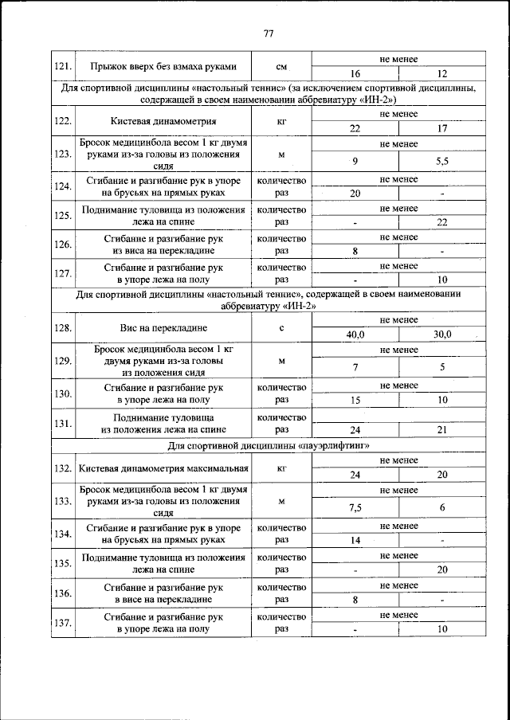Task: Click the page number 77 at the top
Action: [x=268, y=33]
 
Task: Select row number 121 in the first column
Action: [x=64, y=65]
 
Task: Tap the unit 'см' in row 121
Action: [x=281, y=65]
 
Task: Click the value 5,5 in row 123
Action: [x=442, y=161]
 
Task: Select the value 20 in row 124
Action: [x=355, y=193]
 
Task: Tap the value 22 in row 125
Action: [x=442, y=222]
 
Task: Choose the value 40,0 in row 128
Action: [x=355, y=335]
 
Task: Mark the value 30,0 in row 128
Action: [x=442, y=335]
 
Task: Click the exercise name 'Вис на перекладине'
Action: [x=163, y=328]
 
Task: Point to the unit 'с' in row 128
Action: [x=281, y=328]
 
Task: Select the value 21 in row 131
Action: [x=442, y=429]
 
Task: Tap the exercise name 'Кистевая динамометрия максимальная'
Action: [x=163, y=468]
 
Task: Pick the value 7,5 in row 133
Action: [x=355, y=507]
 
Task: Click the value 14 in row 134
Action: [x=355, y=540]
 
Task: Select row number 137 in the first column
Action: [x=64, y=623]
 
